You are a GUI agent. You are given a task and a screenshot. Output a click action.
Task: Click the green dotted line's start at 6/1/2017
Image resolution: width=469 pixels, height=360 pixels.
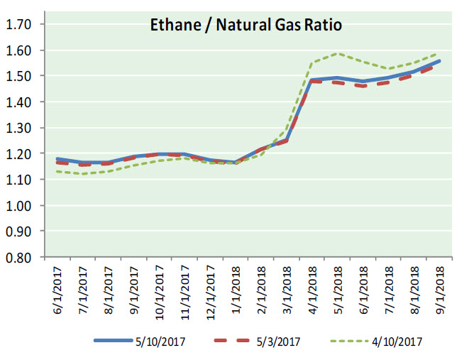click(x=57, y=171)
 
